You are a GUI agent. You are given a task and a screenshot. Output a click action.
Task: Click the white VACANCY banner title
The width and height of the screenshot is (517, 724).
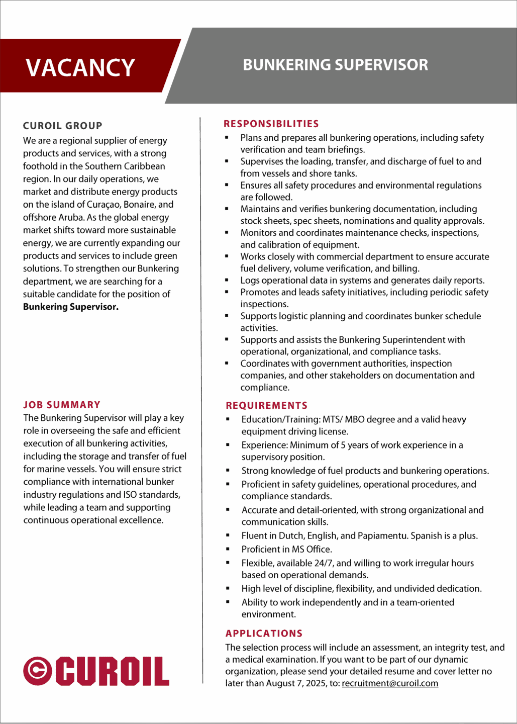(80, 67)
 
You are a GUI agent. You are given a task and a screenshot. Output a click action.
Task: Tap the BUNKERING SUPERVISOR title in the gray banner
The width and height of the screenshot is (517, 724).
(335, 65)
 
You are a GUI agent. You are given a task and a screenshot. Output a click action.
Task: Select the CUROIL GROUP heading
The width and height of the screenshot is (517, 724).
(62, 126)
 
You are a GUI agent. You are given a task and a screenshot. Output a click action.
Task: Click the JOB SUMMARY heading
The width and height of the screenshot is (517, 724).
(62, 405)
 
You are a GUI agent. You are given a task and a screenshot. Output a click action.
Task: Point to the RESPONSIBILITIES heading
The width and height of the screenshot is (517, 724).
(271, 124)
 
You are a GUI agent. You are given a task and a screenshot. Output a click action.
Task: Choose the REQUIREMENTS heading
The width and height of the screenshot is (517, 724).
(266, 405)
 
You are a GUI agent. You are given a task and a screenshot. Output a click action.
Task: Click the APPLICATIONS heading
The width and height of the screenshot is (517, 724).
(264, 633)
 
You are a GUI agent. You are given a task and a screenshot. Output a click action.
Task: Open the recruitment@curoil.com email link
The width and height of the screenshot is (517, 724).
(390, 683)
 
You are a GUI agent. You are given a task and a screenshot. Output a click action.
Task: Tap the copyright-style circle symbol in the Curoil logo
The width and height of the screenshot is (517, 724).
(38, 671)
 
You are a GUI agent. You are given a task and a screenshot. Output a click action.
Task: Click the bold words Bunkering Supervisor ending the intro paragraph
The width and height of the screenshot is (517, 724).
(71, 307)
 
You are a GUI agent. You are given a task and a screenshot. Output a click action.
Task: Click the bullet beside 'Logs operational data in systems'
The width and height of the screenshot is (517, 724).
(227, 280)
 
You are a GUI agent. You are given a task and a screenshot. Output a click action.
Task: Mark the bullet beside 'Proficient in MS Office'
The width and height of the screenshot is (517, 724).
(228, 549)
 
